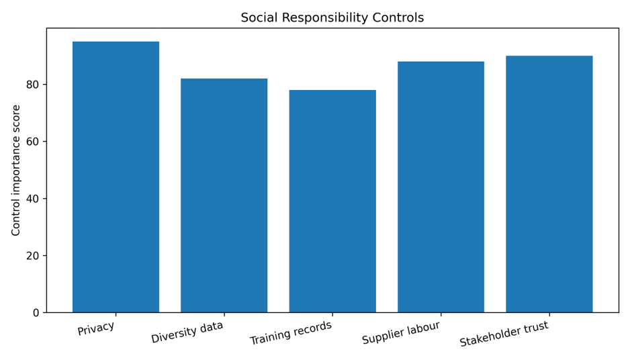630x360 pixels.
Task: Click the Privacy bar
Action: click(x=116, y=177)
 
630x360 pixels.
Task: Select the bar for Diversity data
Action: click(x=224, y=195)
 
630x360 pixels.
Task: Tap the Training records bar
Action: click(x=332, y=201)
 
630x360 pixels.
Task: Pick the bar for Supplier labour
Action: click(x=441, y=187)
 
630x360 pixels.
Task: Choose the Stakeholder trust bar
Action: click(x=549, y=184)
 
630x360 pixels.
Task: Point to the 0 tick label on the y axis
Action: click(x=36, y=313)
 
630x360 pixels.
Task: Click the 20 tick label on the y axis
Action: click(x=32, y=256)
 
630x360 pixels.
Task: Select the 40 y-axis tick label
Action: click(x=32, y=199)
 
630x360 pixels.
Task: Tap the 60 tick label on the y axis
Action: click(x=32, y=142)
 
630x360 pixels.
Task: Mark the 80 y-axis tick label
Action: click(x=32, y=85)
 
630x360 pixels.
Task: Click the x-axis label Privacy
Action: click(x=96, y=328)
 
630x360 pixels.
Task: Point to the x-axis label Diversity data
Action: click(x=187, y=332)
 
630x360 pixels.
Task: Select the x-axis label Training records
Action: click(x=291, y=332)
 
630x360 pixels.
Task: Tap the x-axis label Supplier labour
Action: click(x=401, y=332)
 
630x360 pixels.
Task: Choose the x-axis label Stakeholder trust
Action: click(x=504, y=334)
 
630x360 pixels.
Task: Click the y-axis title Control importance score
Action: click(x=15, y=171)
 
